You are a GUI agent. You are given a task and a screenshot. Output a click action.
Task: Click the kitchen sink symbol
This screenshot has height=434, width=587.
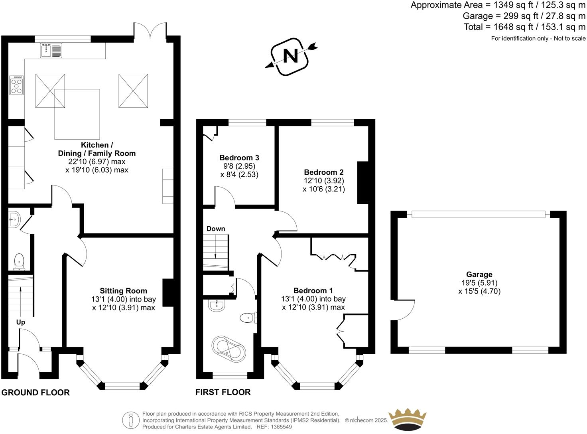[51, 51]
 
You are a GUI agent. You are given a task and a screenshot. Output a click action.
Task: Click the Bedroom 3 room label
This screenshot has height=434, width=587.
[239, 158]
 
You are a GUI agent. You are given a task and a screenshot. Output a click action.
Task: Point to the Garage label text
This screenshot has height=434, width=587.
[479, 274]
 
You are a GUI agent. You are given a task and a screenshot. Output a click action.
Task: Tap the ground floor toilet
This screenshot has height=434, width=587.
[19, 262]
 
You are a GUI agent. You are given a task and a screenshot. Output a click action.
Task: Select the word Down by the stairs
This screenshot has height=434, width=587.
[216, 229]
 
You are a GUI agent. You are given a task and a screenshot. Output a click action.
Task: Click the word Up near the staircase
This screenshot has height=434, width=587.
[21, 322]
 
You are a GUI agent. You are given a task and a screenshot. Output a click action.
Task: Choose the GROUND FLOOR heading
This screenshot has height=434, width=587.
[35, 393]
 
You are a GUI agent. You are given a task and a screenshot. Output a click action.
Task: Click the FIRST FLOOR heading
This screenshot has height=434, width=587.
[223, 392]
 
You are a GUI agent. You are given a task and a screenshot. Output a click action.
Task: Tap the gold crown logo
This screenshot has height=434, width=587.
[408, 419]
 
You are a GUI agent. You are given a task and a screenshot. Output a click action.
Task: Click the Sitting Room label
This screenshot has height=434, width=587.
[123, 291]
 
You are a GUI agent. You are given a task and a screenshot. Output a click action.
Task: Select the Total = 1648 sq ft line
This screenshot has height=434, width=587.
[524, 27]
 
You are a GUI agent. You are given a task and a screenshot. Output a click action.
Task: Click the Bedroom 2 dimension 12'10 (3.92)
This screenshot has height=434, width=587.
[324, 181]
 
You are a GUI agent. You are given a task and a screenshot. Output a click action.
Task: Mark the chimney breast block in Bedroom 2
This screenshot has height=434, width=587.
[362, 182]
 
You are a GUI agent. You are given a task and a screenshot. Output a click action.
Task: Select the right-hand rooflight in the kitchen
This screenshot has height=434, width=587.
[133, 91]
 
